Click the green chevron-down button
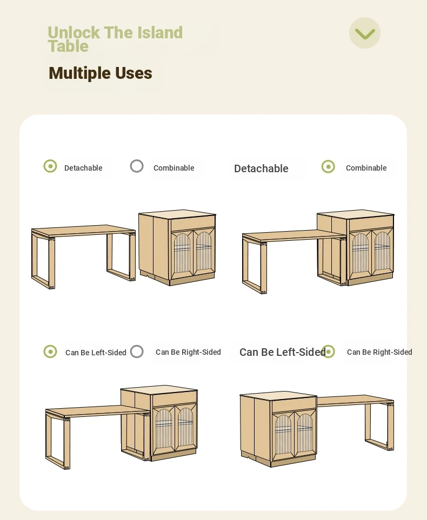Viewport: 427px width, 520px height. pos(365,33)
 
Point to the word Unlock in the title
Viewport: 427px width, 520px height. pos(74,32)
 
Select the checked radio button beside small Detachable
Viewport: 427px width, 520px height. pos(50,166)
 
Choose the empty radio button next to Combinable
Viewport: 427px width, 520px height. pos(137,166)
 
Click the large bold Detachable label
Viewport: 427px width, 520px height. pos(261,168)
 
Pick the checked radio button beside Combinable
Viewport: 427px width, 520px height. pos(328,166)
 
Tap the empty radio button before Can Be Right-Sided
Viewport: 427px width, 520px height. pos(137,352)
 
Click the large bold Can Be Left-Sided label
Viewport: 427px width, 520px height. pos(283,352)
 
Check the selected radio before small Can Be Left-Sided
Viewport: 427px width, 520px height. pos(50,352)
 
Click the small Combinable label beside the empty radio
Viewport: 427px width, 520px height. pos(174,168)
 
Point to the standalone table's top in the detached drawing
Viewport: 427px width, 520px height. pos(83,231)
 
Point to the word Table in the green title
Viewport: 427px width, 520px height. pos(68,46)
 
